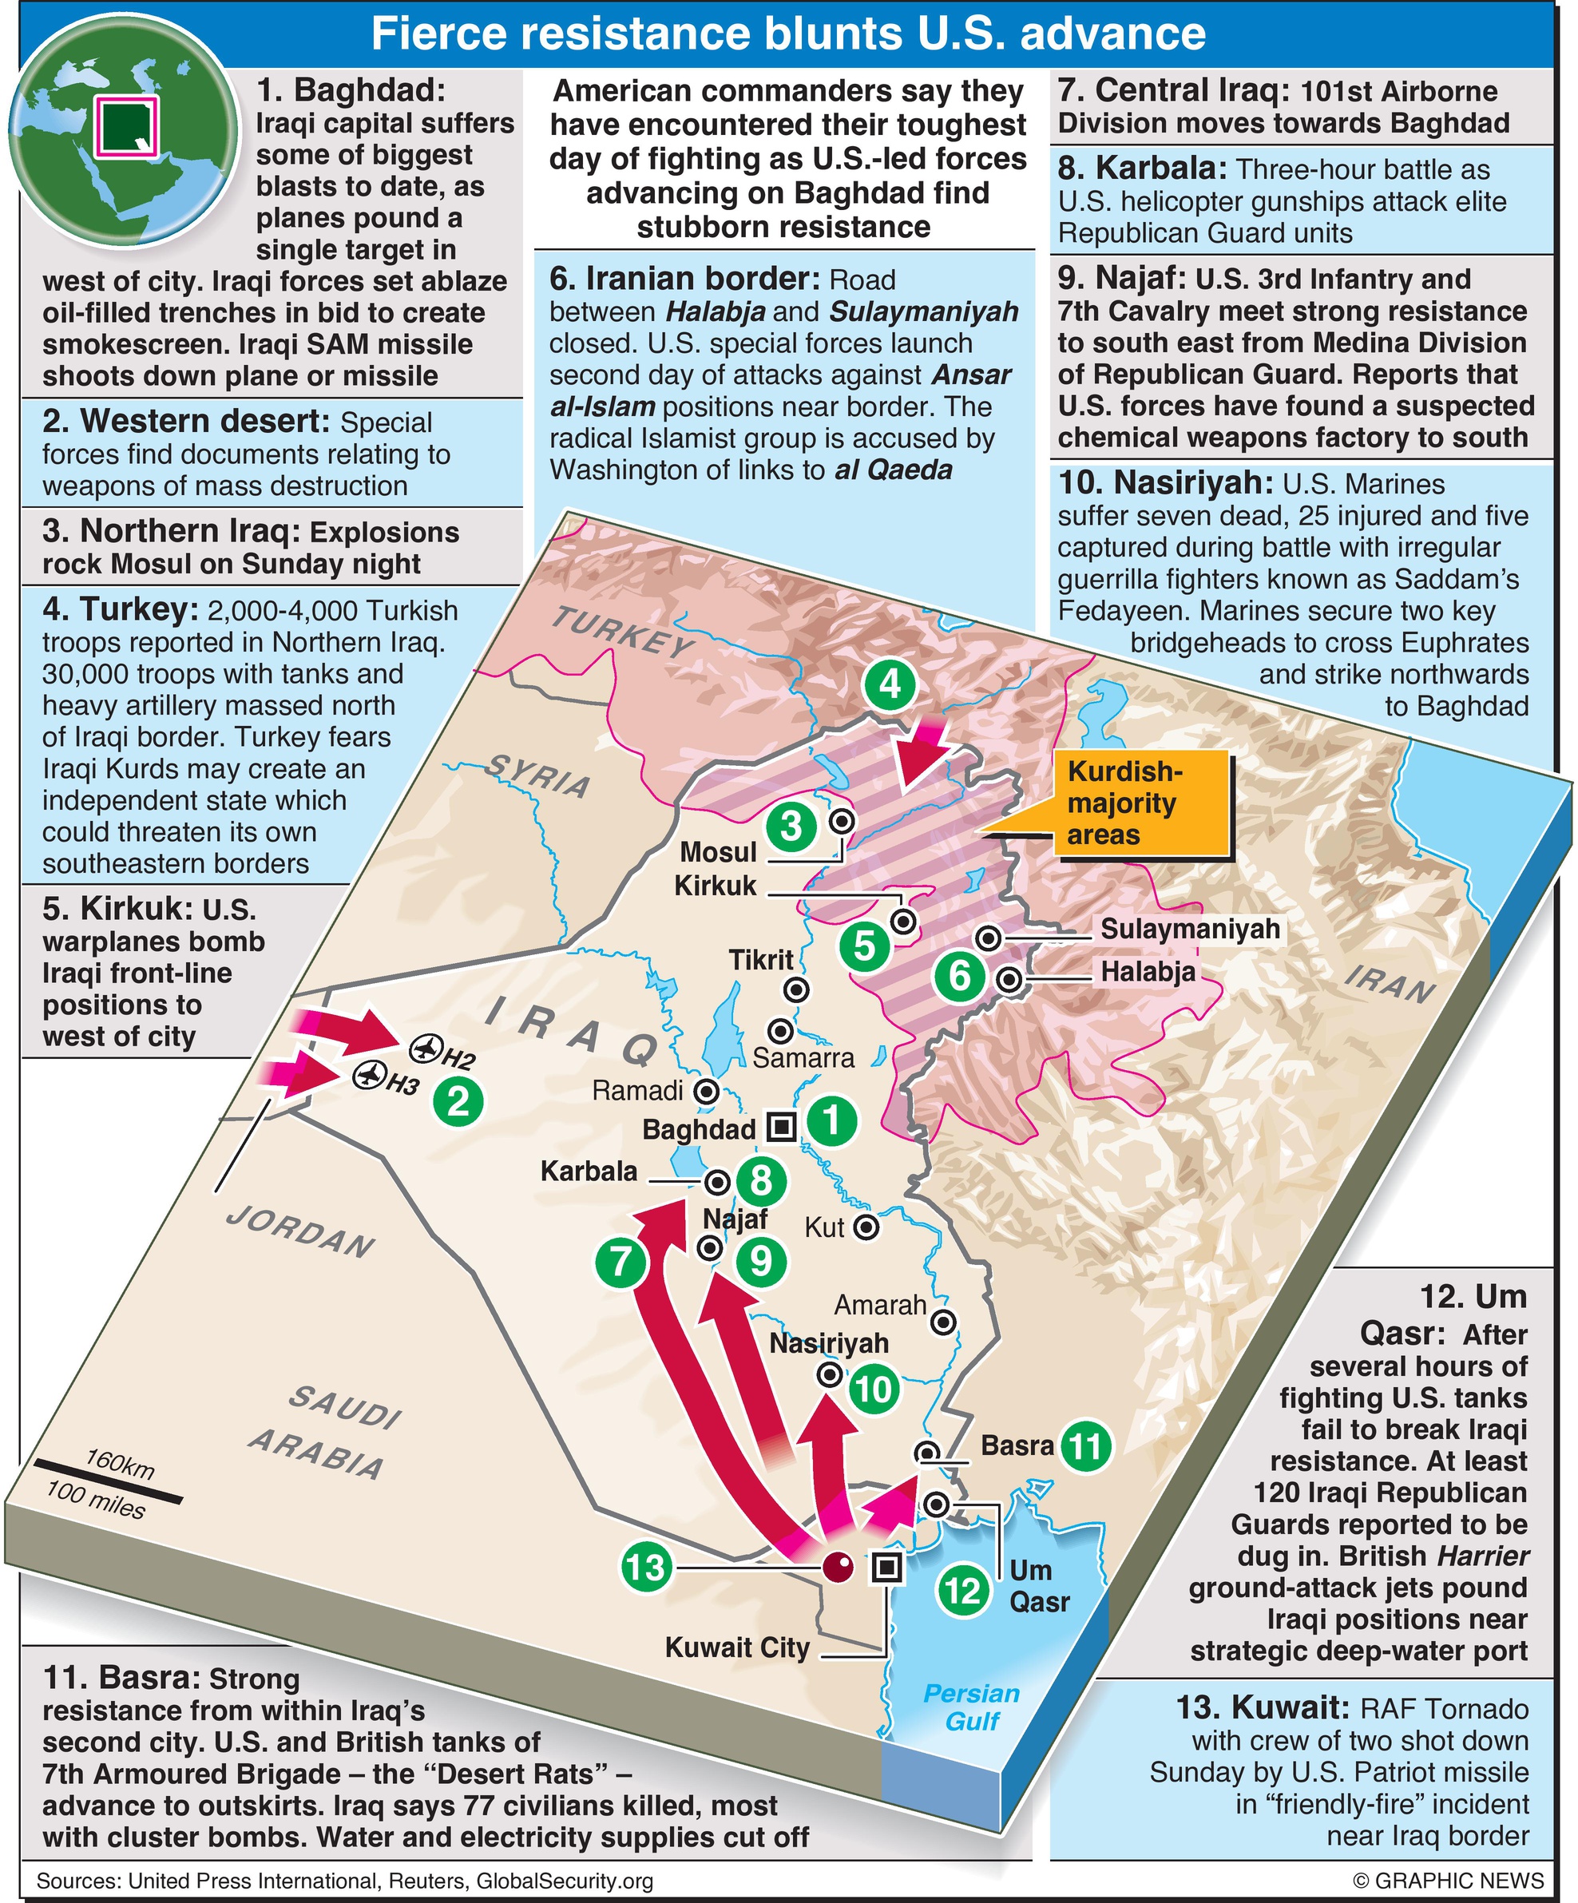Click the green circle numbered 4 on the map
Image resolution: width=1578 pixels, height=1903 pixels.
point(889,684)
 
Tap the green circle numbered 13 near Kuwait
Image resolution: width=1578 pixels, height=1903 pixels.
point(646,1567)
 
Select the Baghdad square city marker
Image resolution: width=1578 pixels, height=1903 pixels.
point(781,1127)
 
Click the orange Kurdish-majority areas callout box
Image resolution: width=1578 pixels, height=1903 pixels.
point(1141,803)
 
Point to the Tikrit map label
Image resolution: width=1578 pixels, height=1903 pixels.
point(760,960)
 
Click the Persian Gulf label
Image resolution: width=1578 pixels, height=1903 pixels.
point(972,1707)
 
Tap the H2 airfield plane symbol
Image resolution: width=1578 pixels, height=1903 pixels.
point(423,1049)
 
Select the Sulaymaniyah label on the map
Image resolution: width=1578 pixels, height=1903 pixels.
point(1190,929)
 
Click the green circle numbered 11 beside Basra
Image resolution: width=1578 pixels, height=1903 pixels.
point(1086,1445)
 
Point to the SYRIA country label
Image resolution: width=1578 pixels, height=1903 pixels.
point(537,775)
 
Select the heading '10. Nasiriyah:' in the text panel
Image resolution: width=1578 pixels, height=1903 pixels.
point(1166,483)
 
